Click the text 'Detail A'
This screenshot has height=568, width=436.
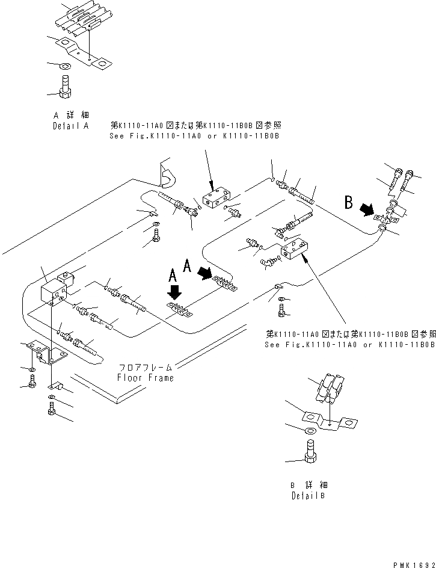pos(70,126)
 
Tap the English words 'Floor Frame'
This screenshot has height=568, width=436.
pos(146,378)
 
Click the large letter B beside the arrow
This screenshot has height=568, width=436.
pos(349,203)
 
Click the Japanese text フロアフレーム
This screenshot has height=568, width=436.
pos(146,366)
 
